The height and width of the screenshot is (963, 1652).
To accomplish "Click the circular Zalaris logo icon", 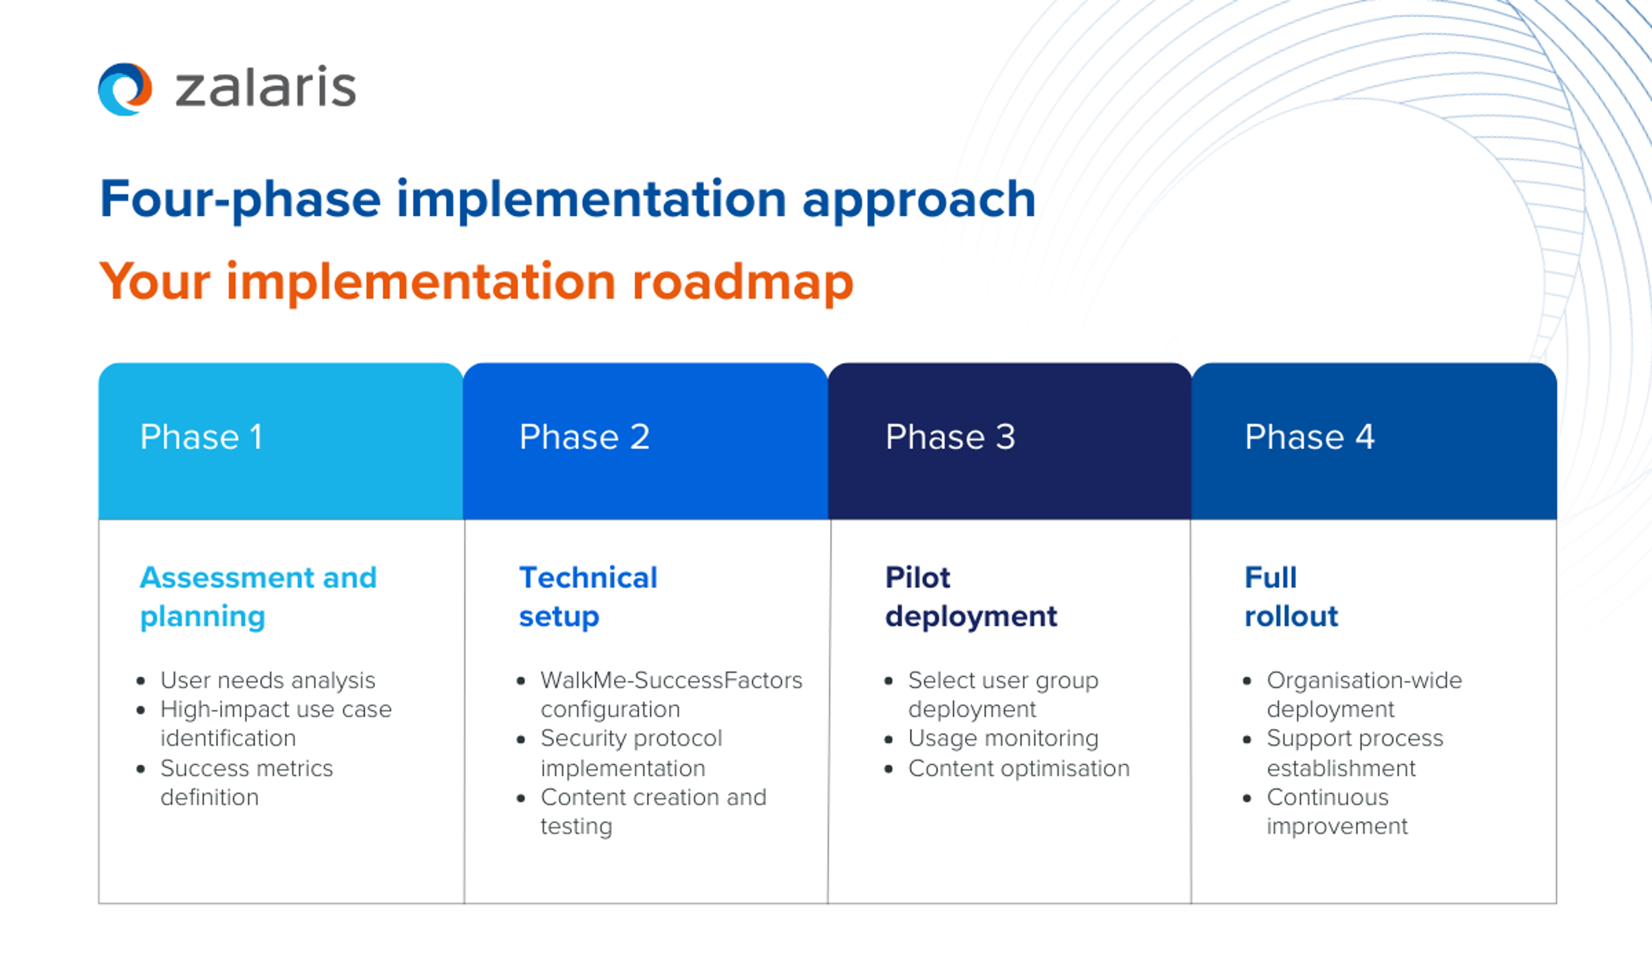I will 125,89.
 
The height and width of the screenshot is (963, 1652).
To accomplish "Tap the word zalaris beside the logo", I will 265,88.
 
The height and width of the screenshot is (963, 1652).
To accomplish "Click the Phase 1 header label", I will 201,437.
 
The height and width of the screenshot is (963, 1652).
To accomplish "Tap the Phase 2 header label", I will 584,437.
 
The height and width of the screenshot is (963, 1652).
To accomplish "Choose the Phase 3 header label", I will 950,437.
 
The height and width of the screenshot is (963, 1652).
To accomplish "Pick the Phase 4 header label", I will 1309,437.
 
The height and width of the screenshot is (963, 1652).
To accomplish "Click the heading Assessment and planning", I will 258,596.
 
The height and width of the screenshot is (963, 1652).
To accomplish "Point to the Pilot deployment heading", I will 970,596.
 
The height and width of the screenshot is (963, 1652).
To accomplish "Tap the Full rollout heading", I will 1290,596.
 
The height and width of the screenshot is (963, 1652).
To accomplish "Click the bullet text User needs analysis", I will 268,681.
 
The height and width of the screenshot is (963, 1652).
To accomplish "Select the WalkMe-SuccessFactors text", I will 671,681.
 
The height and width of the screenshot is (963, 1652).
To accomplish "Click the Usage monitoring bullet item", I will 1003,738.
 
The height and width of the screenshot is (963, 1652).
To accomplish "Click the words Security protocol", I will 631,738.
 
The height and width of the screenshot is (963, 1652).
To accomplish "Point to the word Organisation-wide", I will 1364,681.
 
